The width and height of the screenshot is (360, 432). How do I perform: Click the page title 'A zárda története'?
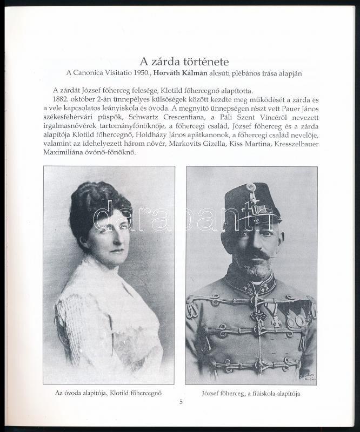click(x=179, y=60)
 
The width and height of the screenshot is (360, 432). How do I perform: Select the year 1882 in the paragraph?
click(x=62, y=100)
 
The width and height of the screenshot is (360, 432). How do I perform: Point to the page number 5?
click(x=181, y=402)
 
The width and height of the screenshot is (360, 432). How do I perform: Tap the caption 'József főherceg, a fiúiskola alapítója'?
click(x=251, y=394)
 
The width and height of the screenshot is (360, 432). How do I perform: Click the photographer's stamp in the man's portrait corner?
click(x=303, y=373)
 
